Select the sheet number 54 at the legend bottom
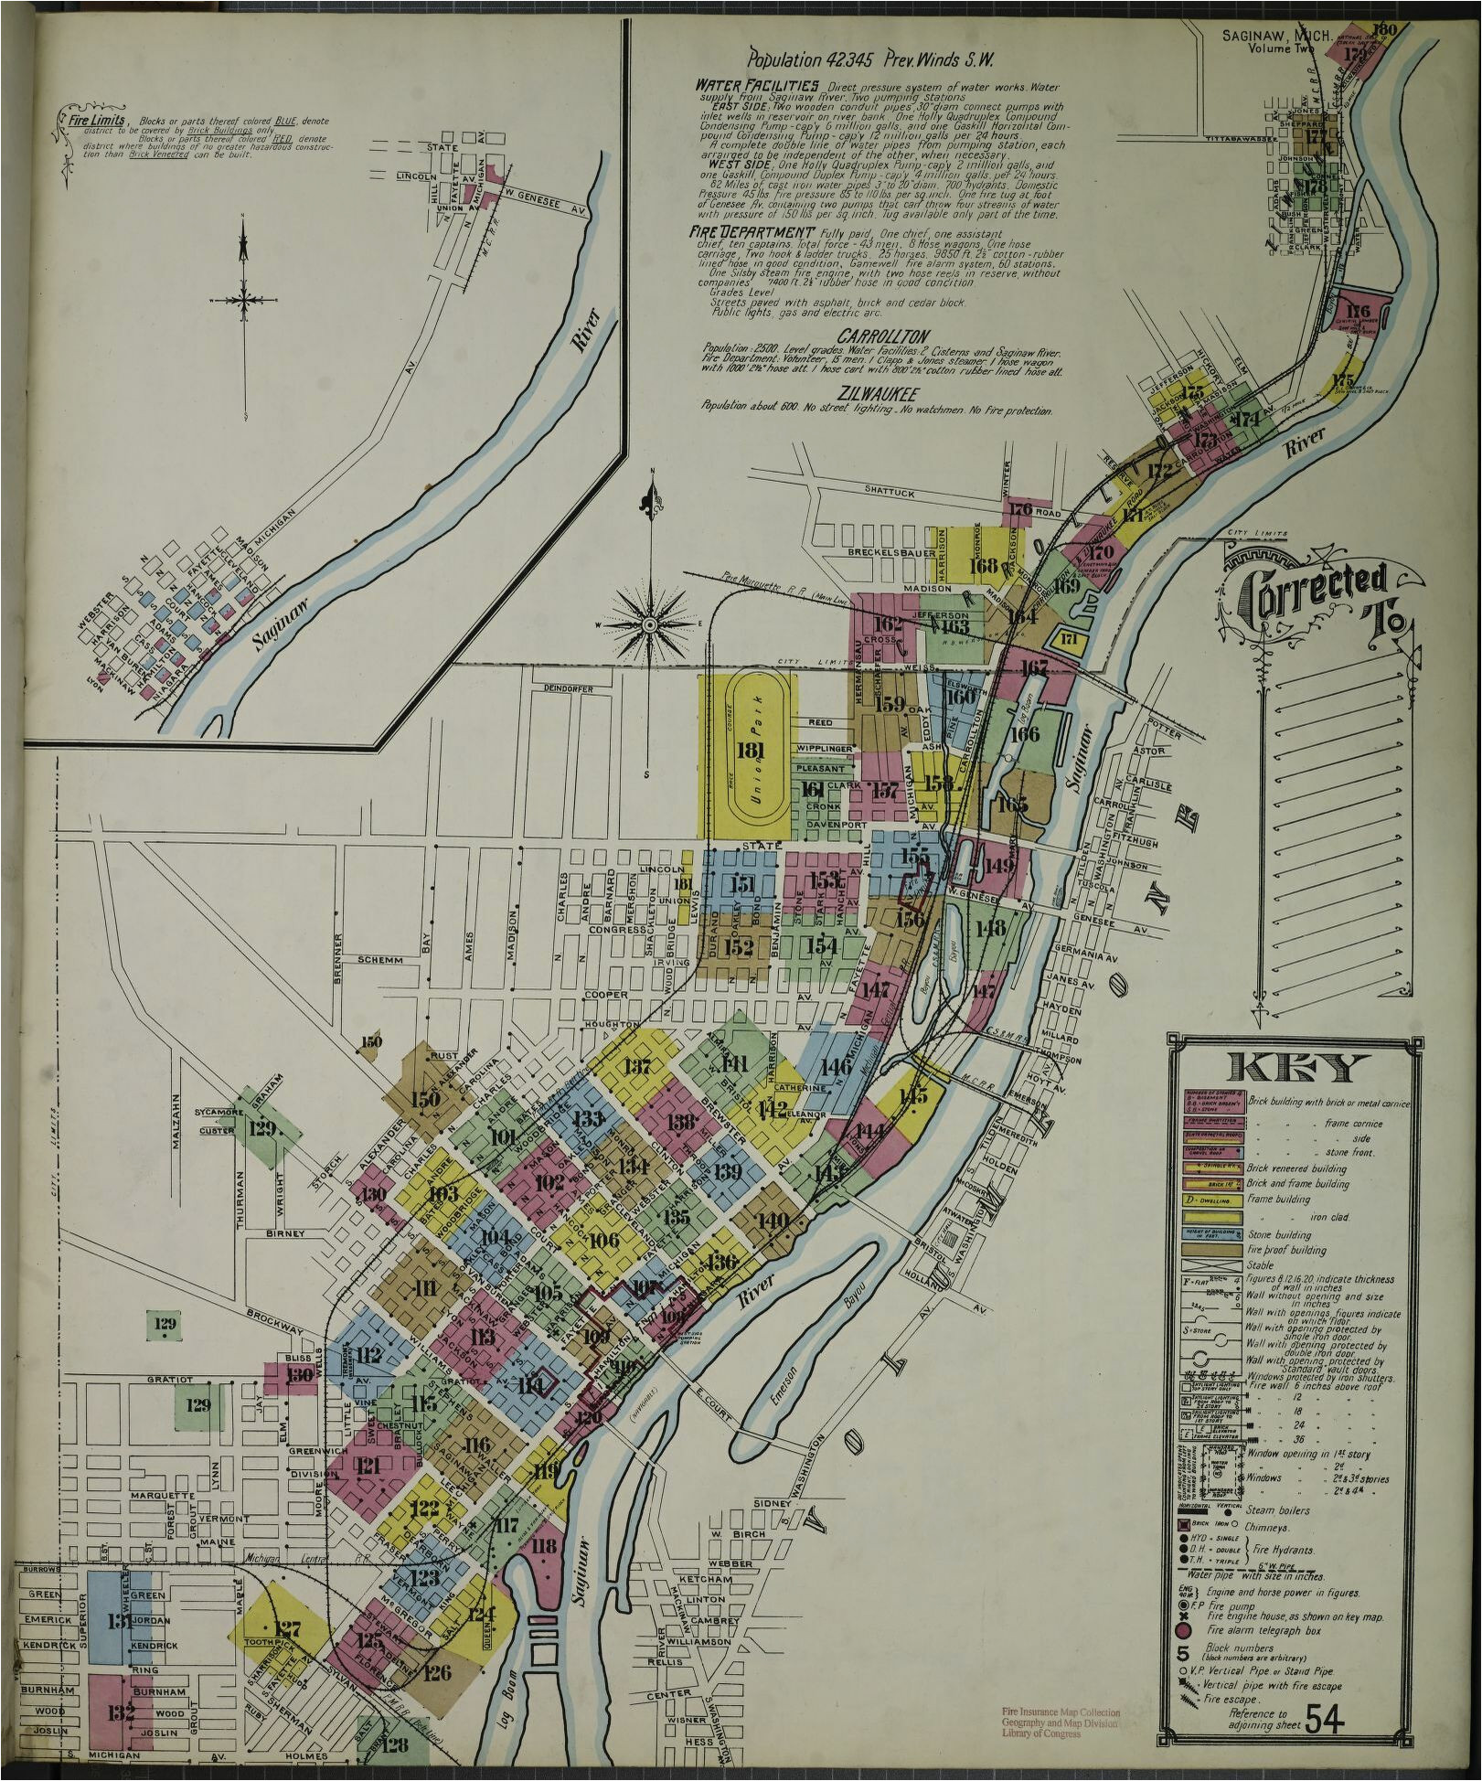[x=1325, y=1721]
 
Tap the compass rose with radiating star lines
[x=650, y=625]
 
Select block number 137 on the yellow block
[x=637, y=1066]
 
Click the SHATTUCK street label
[x=889, y=493]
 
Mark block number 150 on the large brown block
[x=425, y=1100]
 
